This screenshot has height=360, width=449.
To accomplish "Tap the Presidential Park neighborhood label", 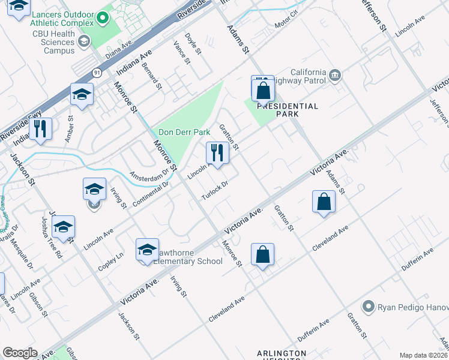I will pyautogui.click(x=288, y=109).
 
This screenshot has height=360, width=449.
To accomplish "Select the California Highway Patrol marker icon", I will pyautogui.click(x=335, y=75).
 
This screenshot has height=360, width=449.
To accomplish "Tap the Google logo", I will pyautogui.click(x=20, y=352).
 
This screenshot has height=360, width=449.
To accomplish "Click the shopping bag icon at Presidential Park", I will pyautogui.click(x=263, y=90).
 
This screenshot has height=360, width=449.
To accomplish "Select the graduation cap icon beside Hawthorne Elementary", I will pyautogui.click(x=147, y=249).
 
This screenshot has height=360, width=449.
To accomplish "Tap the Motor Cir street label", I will pyautogui.click(x=286, y=25).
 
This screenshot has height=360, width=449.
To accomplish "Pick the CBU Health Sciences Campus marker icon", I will pyautogui.click(x=83, y=41).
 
